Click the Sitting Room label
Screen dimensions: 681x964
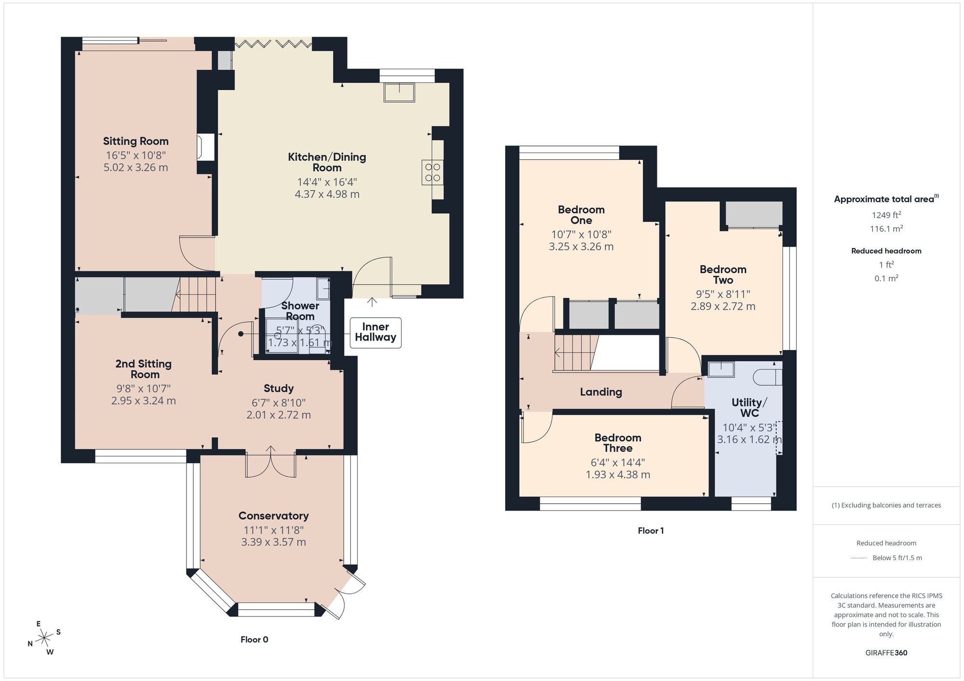click(x=135, y=141)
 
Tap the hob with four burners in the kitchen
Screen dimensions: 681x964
click(x=432, y=172)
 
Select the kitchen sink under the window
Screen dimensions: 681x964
click(x=399, y=92)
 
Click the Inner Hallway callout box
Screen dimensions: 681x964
click(x=375, y=332)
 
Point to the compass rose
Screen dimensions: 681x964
click(x=44, y=638)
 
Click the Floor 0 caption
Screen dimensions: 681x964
click(x=254, y=639)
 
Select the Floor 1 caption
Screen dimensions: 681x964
click(x=651, y=530)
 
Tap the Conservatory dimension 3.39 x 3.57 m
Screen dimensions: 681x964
click(x=273, y=542)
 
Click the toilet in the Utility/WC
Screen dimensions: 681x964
click(x=769, y=377)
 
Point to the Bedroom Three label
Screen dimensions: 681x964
click(x=617, y=443)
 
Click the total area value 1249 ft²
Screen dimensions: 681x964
click(x=886, y=215)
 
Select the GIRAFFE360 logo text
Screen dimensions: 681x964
click(x=886, y=653)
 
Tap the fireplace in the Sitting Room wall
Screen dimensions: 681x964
click(x=206, y=147)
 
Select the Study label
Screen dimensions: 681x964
click(x=279, y=388)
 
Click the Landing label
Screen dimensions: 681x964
click(x=601, y=392)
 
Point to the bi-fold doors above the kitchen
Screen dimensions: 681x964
click(x=273, y=44)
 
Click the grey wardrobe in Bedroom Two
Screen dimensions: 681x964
click(x=753, y=214)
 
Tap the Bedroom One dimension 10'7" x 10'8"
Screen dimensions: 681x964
click(x=581, y=234)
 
